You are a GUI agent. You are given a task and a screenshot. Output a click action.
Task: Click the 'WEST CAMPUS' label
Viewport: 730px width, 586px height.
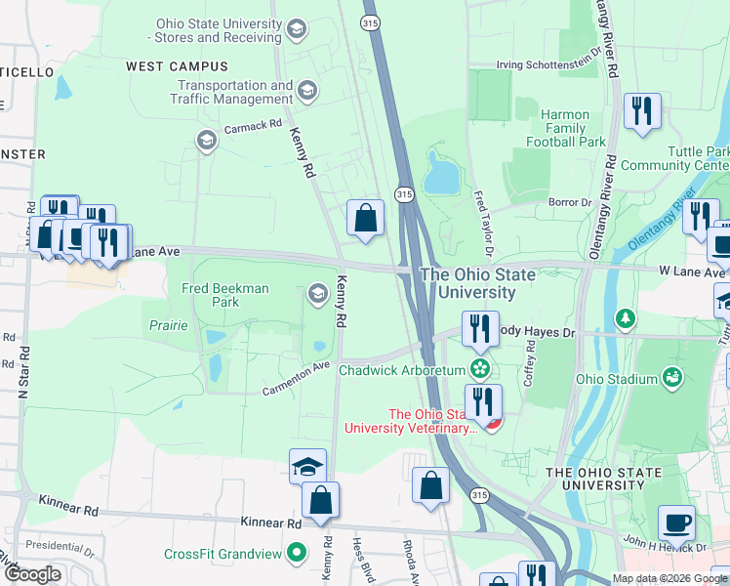(x=177, y=66)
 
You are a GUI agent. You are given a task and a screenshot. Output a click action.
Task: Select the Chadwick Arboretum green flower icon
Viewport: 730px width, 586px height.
(x=479, y=369)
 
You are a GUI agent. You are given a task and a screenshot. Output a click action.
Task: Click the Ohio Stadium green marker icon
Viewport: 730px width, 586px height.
(x=671, y=378)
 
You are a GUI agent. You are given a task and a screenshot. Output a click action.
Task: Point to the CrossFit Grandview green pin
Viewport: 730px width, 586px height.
(x=298, y=555)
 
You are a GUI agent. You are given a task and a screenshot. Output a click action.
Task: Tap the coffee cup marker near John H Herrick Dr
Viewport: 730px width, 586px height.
(x=676, y=523)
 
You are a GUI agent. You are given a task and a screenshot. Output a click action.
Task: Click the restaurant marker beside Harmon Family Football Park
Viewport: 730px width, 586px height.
(x=642, y=110)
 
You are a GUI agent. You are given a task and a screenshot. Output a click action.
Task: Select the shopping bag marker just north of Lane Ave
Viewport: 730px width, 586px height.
(x=365, y=219)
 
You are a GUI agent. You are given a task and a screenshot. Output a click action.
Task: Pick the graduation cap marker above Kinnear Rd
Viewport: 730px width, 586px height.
(x=307, y=466)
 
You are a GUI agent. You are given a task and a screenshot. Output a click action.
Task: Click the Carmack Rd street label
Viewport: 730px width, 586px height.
(x=253, y=126)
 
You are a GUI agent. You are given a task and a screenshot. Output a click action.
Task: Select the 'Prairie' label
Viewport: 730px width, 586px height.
(x=168, y=325)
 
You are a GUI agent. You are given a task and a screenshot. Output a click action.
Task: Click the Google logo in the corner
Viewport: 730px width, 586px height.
(x=33, y=574)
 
